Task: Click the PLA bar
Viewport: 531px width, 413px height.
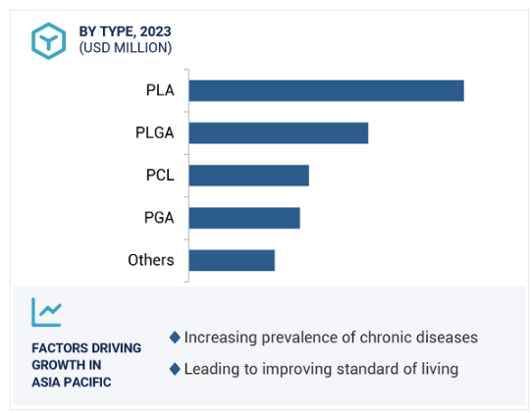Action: click(x=327, y=90)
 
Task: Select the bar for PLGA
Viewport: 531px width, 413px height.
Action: click(x=279, y=133)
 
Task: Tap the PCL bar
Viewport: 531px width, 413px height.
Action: click(x=249, y=176)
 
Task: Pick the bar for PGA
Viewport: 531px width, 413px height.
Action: click(x=244, y=218)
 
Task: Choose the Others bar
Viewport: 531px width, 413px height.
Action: click(x=232, y=260)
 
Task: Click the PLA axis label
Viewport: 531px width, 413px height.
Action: click(x=160, y=90)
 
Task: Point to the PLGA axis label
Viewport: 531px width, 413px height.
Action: click(x=155, y=132)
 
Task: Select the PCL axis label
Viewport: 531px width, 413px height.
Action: click(x=160, y=175)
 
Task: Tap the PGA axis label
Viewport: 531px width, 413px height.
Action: click(x=159, y=218)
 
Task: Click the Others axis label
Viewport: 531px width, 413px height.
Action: click(x=151, y=260)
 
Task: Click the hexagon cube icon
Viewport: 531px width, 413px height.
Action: click(x=48, y=41)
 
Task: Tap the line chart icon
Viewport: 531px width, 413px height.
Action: click(x=47, y=312)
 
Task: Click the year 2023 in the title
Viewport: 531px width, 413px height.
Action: click(x=155, y=31)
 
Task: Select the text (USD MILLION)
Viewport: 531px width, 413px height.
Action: click(x=126, y=48)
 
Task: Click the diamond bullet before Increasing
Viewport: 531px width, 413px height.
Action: click(x=175, y=337)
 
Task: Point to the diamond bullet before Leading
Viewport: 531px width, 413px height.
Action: click(x=175, y=369)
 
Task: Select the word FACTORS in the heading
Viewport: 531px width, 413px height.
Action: click(x=60, y=348)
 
